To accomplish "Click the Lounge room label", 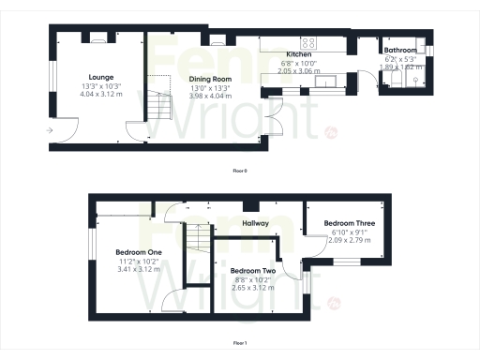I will pos(100,76).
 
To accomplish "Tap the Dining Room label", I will pos(210,80).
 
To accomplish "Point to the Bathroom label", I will pos(401,51).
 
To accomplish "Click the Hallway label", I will pos(256,224).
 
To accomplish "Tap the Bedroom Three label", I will pos(348,223).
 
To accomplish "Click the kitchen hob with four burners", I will pos(307,42).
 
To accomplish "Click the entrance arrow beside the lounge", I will pos(48,129).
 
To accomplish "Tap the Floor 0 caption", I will pos(240,171).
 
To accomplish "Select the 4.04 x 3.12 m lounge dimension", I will pos(100,94).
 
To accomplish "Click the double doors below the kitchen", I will pos(273,120).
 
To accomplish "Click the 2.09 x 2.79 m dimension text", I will pos(348,240).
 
